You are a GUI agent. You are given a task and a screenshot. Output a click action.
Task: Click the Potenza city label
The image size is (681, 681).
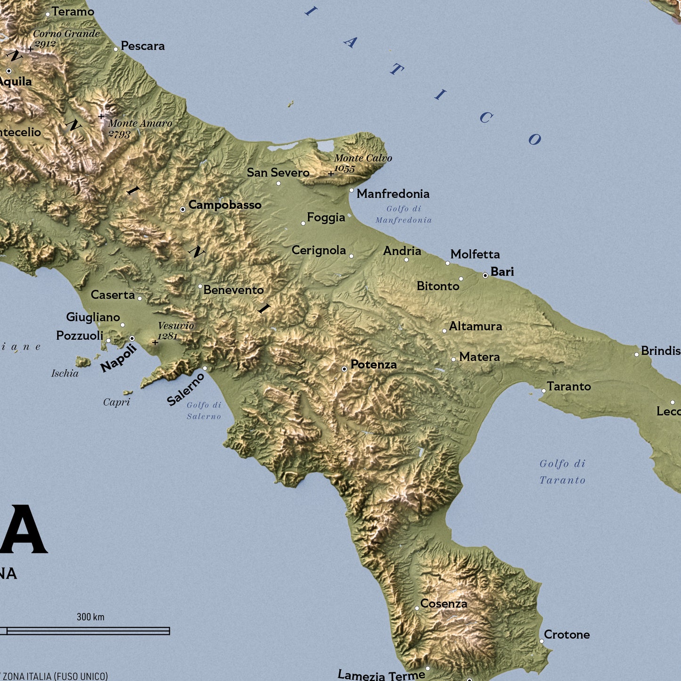click(x=373, y=364)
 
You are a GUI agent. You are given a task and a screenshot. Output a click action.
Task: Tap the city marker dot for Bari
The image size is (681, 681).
click(x=485, y=275)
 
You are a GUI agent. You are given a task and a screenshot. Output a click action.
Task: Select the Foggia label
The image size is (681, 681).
click(x=326, y=217)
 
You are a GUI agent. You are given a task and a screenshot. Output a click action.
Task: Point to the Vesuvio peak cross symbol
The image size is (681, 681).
click(x=155, y=343)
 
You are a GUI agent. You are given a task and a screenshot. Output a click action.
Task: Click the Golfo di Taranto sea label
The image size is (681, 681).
click(x=563, y=472)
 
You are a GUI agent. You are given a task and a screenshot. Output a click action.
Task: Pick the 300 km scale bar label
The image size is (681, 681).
click(x=90, y=617)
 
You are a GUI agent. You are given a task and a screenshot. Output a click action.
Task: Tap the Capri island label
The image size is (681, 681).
click(x=116, y=402)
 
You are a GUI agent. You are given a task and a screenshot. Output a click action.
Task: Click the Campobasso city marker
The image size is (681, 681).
click(x=183, y=209)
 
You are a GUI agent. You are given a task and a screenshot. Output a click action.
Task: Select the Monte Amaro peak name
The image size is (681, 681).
click(x=140, y=123)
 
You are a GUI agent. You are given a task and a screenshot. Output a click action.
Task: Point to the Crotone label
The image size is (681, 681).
click(x=566, y=635)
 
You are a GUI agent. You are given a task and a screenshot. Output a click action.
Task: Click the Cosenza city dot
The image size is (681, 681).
click(x=417, y=608)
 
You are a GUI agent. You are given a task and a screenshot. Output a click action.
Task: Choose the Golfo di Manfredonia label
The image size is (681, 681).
click(x=403, y=214)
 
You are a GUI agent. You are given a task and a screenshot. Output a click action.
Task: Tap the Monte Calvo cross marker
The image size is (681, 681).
click(x=331, y=174)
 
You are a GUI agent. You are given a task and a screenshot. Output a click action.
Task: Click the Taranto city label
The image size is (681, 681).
click(x=569, y=386)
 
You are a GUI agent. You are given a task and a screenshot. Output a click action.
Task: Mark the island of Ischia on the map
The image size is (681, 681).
click(x=83, y=362)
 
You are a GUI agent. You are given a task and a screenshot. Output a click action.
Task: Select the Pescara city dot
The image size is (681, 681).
click(x=115, y=49)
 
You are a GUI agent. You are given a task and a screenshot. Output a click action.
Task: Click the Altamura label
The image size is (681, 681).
click(x=475, y=326)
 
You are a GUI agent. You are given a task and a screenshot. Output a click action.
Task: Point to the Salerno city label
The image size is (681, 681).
click(x=186, y=389)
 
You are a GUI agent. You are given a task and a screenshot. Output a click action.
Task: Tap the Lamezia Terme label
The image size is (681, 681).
click(x=381, y=675)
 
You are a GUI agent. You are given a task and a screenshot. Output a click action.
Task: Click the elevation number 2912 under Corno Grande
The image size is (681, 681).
click(x=45, y=44)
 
